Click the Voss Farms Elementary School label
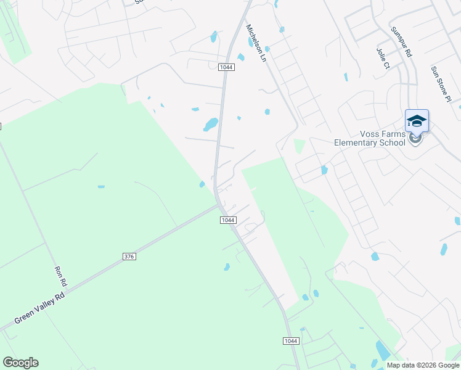[370, 138]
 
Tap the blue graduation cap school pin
[417, 121]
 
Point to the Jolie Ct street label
[383, 57]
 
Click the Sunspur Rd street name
[401, 42]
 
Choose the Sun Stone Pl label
[441, 84]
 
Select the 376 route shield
[128, 256]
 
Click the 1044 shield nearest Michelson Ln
[226, 67]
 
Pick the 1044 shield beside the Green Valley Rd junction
[228, 220]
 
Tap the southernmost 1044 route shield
[292, 341]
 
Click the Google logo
[20, 363]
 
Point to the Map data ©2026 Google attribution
[423, 365]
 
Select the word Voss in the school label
[370, 134]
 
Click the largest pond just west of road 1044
[211, 125]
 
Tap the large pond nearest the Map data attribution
[382, 350]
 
